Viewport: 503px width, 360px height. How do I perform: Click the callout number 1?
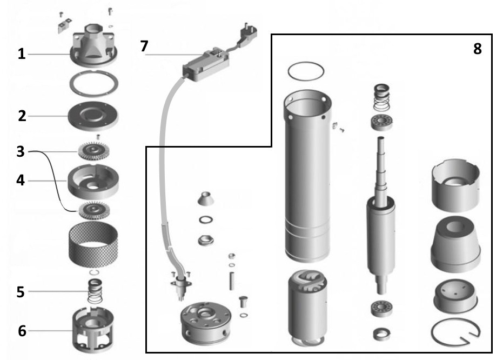pos(21,55)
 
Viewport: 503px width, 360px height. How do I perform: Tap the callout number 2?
pos(21,116)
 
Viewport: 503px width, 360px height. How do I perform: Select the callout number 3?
pos(20,152)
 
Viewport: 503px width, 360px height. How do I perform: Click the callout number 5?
pos(21,292)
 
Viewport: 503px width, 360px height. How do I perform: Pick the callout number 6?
pos(21,331)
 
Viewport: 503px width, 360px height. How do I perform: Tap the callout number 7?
pos(144,46)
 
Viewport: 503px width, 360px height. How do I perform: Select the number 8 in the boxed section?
pos(477,48)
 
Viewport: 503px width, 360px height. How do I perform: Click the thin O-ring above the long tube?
pos(306,70)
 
